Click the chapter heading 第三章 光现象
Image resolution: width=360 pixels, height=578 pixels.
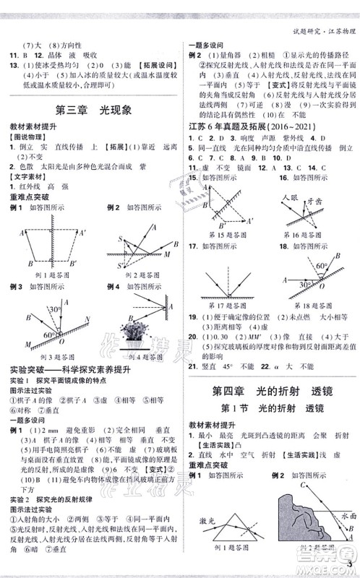pos(92,111)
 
